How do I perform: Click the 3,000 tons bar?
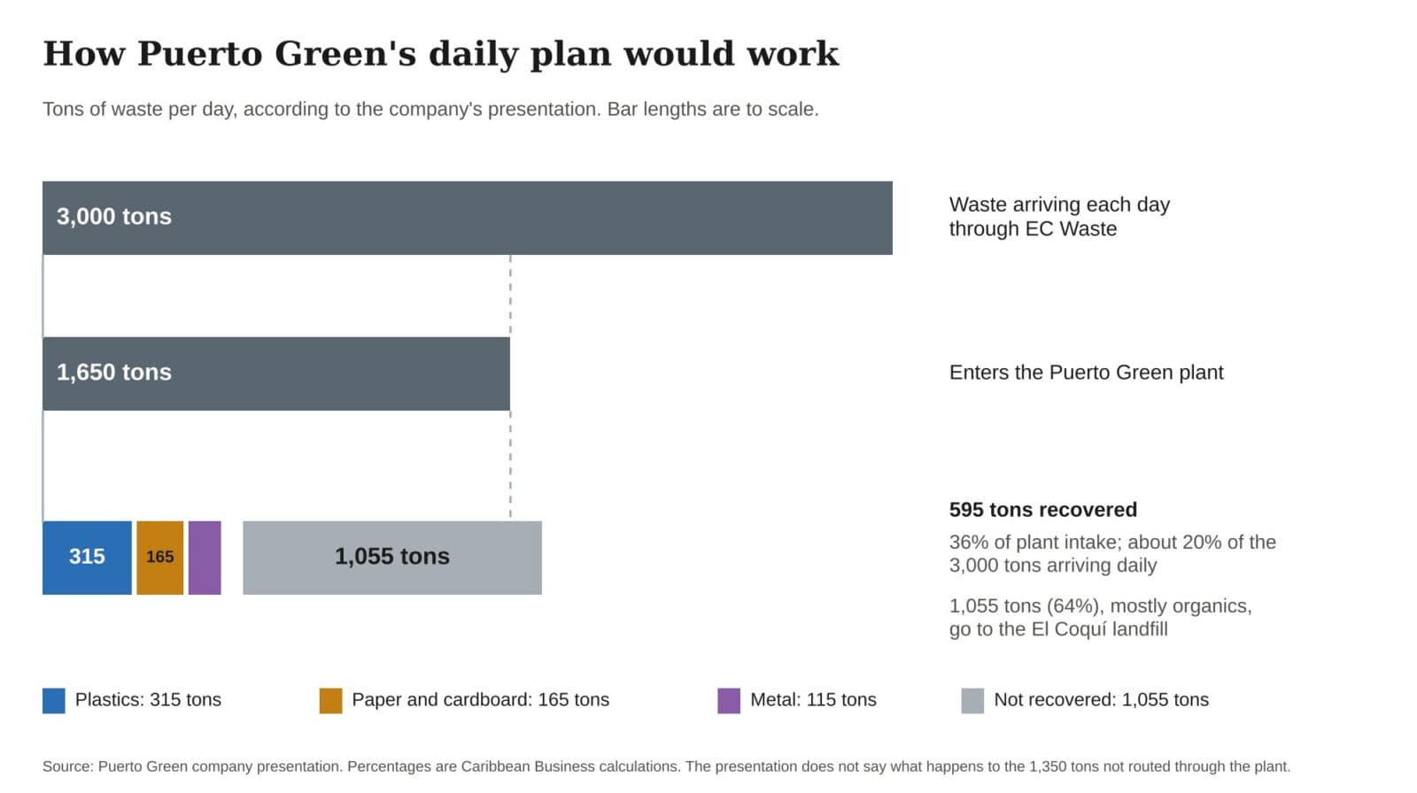tap(468, 219)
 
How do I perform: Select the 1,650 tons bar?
tap(276, 373)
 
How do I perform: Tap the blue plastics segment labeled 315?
tap(88, 558)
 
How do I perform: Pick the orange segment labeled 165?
tap(160, 558)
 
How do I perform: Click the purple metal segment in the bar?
tap(205, 558)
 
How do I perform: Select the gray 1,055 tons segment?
tap(392, 558)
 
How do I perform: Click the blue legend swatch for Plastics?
tap(54, 701)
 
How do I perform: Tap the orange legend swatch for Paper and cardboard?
tap(331, 701)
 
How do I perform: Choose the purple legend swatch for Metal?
tap(729, 701)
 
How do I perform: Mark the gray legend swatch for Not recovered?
tap(972, 701)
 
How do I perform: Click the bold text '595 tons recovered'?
tap(1043, 510)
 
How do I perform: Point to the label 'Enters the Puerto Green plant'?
tap(1086, 373)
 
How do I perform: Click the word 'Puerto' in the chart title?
tap(200, 54)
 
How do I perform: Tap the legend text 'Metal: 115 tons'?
tap(814, 700)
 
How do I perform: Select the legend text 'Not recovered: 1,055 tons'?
tap(1102, 700)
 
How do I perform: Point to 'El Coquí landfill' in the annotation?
tap(1100, 629)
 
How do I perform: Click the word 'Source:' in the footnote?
tap(67, 766)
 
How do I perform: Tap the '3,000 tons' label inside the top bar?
tap(114, 217)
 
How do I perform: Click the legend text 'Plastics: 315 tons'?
tap(148, 700)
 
